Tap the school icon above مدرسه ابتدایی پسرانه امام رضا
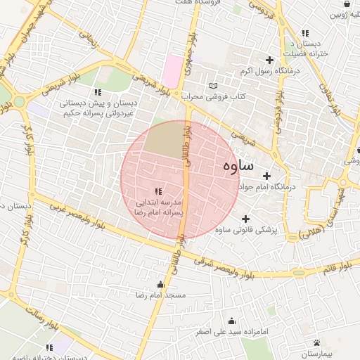(x=158, y=191)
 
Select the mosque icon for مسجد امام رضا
(x=161, y=285)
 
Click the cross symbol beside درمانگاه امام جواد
(x=266, y=176)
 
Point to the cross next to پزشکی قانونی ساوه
(x=245, y=219)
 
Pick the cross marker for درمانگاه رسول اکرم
(x=267, y=60)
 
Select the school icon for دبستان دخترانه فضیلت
(x=304, y=33)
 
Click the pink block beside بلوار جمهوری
(x=172, y=70)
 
